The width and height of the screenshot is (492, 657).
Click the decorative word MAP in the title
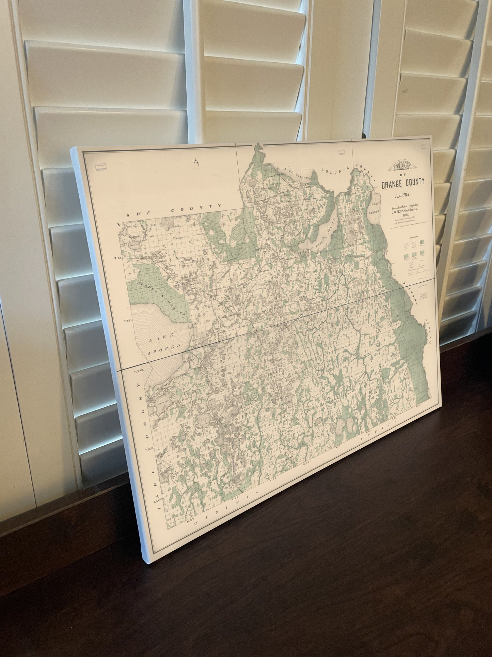click(x=403, y=167)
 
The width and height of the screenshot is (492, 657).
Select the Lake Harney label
click(x=376, y=208)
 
